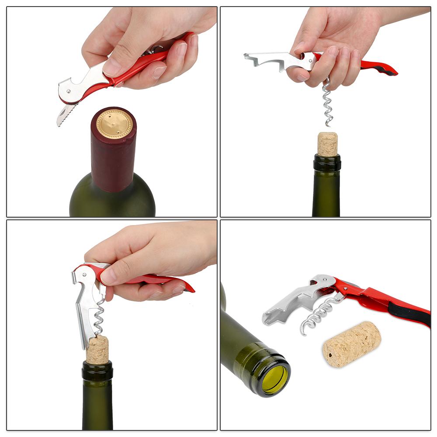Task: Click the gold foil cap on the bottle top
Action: point(114,124)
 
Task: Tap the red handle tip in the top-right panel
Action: point(387,69)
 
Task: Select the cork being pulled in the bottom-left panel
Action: point(97,350)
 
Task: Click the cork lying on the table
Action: point(352,344)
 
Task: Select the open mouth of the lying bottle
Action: point(274,378)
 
